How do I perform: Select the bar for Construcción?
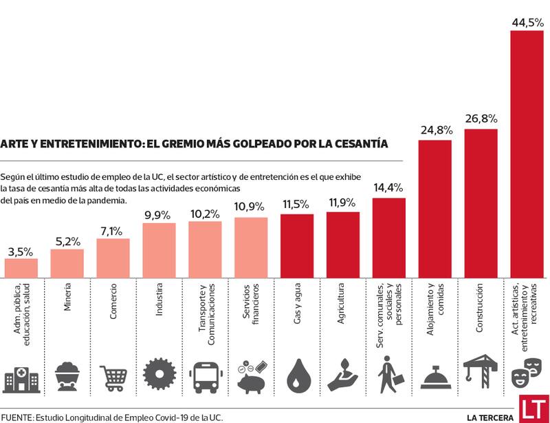click(x=481, y=203)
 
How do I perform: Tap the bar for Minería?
click(x=67, y=262)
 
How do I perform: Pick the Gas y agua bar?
click(x=297, y=245)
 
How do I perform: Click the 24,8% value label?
click(x=435, y=129)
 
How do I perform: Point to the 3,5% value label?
click(x=21, y=251)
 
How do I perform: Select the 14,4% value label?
click(x=388, y=187)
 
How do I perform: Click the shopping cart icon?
click(x=113, y=377)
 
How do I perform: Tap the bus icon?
click(x=205, y=376)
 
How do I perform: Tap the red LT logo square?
click(x=533, y=409)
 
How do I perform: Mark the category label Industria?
click(x=159, y=300)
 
